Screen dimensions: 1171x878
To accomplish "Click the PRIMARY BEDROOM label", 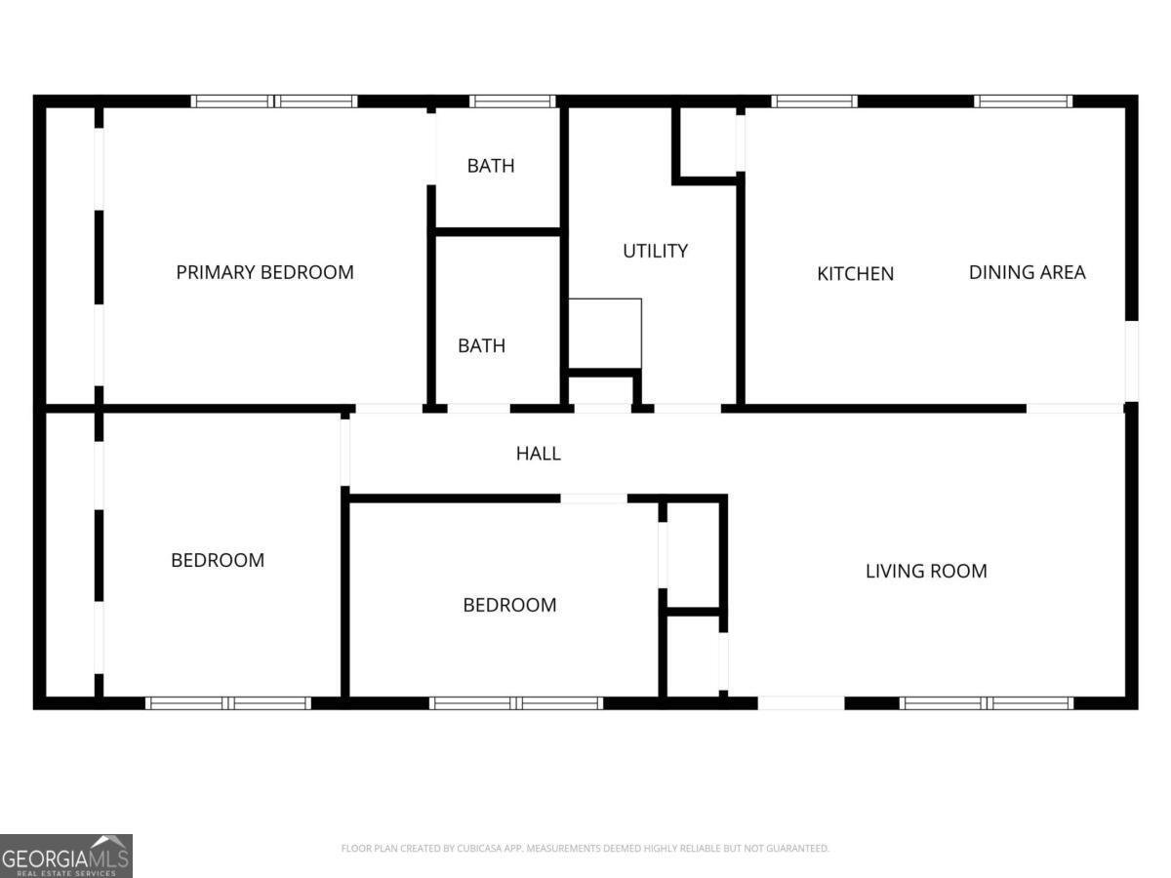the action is click(265, 272).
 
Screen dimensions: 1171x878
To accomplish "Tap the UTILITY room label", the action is click(655, 251).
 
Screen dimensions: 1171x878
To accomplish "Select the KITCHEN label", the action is click(855, 273).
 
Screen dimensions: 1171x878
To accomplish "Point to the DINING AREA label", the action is click(1027, 272).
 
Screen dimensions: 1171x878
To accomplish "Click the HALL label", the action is click(539, 453).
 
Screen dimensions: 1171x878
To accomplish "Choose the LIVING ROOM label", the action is click(926, 571).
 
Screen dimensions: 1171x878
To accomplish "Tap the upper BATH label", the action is click(491, 166).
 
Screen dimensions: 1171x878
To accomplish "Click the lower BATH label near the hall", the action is click(481, 345).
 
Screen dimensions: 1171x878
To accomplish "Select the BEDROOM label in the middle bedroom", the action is click(509, 605).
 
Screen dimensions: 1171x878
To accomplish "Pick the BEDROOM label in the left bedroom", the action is click(218, 560).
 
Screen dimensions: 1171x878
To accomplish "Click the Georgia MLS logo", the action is click(66, 856).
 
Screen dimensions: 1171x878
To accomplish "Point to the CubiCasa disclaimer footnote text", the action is click(585, 848).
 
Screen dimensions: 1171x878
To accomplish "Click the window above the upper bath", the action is click(512, 101).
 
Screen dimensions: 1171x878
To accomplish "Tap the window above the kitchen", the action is click(814, 101).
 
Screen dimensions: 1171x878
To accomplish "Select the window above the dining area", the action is click(1024, 101).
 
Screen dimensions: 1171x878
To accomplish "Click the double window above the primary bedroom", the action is click(274, 101).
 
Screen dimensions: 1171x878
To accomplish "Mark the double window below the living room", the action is click(987, 702).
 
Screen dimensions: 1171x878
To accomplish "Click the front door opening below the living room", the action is click(801, 702).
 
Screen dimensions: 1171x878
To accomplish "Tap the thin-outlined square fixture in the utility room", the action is click(605, 334).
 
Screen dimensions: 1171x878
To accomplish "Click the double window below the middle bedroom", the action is click(516, 702).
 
